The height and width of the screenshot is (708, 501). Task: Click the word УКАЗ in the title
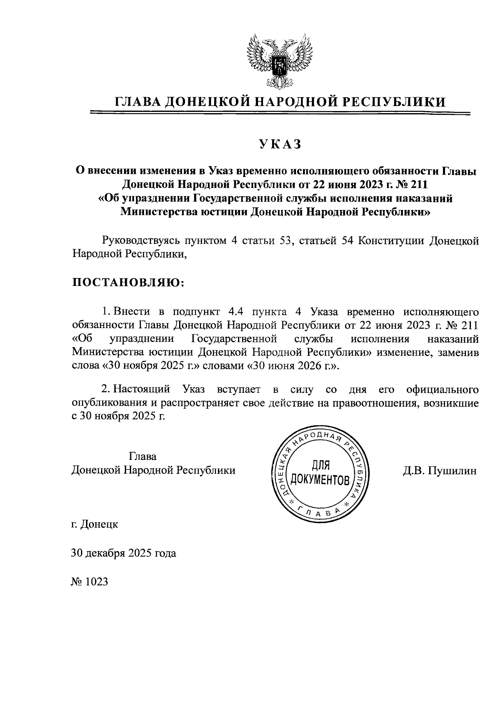point(280,144)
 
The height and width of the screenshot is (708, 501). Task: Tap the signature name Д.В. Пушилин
point(440,470)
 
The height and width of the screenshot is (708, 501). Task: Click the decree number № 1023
point(90,582)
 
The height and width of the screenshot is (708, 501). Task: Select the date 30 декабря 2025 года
point(124,553)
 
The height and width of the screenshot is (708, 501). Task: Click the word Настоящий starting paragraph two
point(142,389)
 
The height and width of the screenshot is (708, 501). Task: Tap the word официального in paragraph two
point(442,389)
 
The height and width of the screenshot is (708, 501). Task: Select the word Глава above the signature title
point(143,455)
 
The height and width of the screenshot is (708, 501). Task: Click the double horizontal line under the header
point(280,113)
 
